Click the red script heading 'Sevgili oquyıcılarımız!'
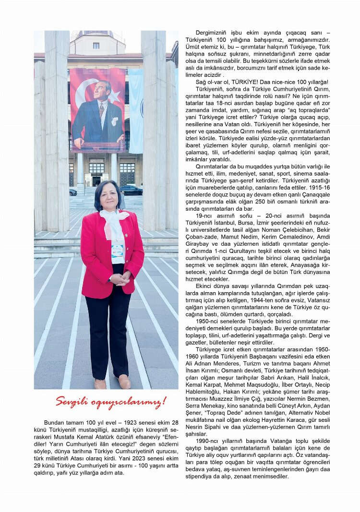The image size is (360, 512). click(110, 402)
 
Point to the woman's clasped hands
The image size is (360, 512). click(119, 279)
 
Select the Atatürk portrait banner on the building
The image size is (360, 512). click(97, 110)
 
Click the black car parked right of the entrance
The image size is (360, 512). click(131, 190)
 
